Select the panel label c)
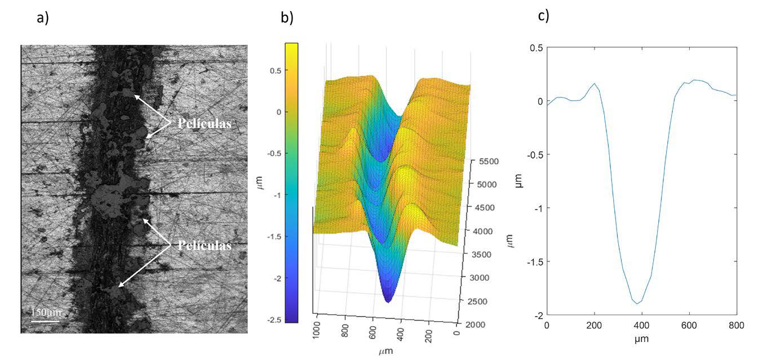[x=543, y=16]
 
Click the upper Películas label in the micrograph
[x=205, y=124]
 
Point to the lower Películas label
[x=205, y=246]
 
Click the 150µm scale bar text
[x=46, y=312]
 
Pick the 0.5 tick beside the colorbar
[x=277, y=70]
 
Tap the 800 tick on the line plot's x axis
[x=736, y=326]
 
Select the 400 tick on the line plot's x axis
[x=642, y=326]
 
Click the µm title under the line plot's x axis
[x=641, y=340]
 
